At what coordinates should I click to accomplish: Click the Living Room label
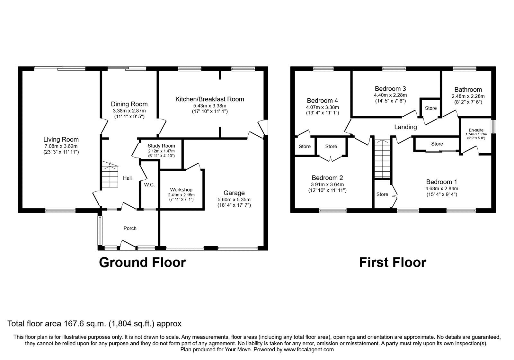coord(61,139)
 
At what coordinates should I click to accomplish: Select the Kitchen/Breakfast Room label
coord(209,99)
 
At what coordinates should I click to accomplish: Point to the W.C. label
coord(149,184)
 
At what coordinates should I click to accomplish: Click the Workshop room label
coord(181,190)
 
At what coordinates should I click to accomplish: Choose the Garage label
coord(234,193)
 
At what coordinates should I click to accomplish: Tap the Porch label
coord(130,228)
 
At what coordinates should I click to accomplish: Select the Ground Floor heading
coord(142,262)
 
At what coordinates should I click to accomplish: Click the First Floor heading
coord(392,262)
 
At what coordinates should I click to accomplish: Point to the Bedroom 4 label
coord(322,101)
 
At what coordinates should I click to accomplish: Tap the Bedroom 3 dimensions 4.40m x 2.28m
coord(390,95)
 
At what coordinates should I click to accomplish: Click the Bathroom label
coord(468,90)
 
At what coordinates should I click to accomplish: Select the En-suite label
coord(476,130)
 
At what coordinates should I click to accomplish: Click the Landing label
coord(405,127)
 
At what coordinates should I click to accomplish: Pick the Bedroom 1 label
coord(441,182)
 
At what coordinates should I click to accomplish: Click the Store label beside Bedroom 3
coord(430,108)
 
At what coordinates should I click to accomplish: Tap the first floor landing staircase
coord(382,159)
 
